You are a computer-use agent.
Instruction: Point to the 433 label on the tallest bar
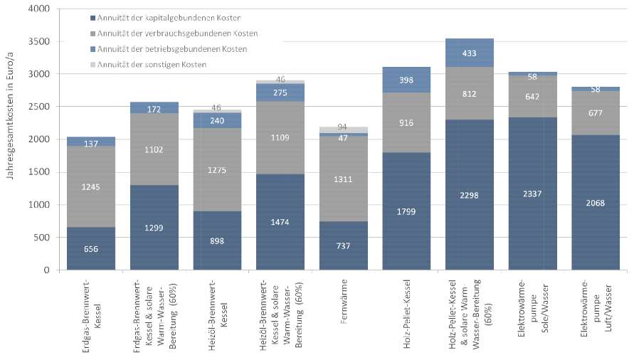470,53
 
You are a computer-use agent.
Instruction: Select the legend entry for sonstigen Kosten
159,65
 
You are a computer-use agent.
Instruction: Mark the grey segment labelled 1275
217,171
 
